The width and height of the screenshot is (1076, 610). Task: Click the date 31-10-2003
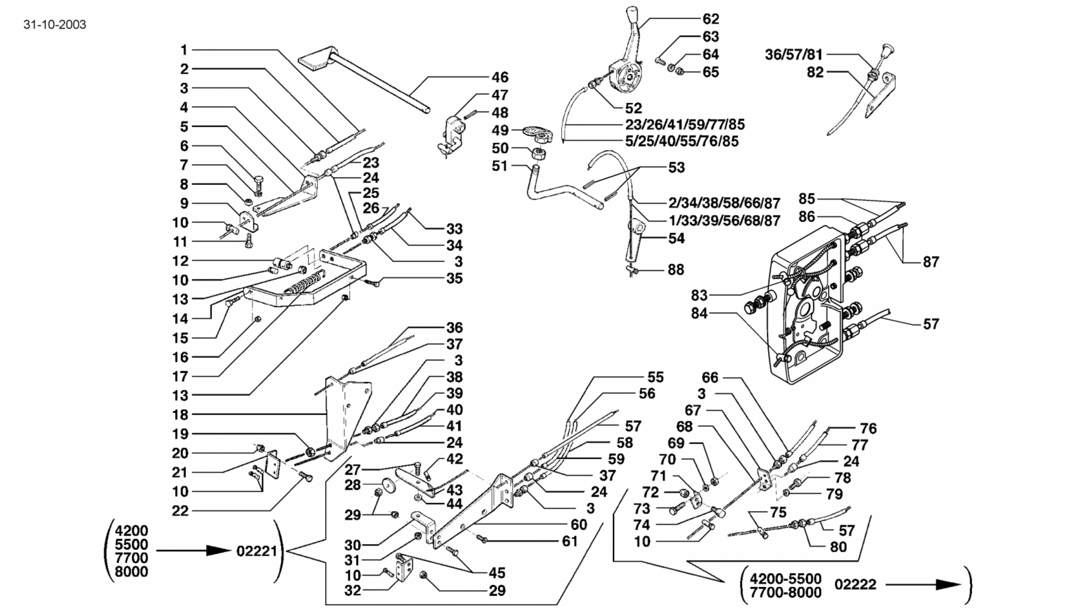[55, 25]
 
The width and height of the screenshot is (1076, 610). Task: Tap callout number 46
[500, 77]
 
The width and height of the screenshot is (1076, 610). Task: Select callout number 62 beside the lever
[710, 19]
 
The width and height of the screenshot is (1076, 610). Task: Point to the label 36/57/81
[793, 55]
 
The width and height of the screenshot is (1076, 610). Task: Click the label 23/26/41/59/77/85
[685, 124]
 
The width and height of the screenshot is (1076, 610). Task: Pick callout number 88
[676, 270]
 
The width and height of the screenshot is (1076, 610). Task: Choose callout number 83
[699, 295]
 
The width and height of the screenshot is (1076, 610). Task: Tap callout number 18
[180, 414]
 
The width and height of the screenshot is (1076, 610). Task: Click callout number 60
[579, 524]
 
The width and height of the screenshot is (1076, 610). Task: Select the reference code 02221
[256, 551]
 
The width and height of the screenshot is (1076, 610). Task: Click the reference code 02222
[855, 584]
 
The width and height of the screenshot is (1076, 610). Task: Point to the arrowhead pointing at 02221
[218, 550]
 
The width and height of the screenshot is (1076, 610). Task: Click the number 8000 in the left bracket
[131, 571]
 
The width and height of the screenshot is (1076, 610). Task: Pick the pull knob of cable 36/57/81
[888, 49]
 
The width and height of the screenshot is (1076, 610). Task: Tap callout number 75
[778, 512]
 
